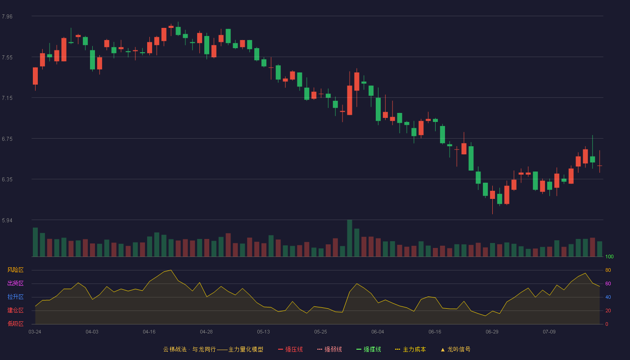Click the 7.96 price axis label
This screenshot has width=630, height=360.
pos(7,16)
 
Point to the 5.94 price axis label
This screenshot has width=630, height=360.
pos(7,220)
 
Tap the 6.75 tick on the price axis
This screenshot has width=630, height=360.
pos(7,139)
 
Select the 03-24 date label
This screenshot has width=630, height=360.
pos(35,332)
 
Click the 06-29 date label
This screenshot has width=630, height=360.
pos(492,332)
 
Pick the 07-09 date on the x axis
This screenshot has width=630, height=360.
pos(549,332)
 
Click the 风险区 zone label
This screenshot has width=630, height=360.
pos(15,270)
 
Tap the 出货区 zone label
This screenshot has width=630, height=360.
pos(15,283)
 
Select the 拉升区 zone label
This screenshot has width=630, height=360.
pos(15,297)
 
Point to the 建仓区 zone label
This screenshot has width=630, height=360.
pos(15,310)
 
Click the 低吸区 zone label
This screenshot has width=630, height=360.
pos(15,324)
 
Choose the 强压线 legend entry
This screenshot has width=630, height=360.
pos(290,349)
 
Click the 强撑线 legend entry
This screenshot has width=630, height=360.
pos(369,349)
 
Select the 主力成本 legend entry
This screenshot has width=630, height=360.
pos(410,349)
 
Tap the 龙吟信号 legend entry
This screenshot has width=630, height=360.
pos(455,349)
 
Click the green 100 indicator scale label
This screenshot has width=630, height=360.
pos(609,256)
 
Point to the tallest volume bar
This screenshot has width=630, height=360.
pos(350,238)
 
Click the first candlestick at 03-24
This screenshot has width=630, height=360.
pos(35,76)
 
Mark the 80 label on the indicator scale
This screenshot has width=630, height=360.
pos(608,270)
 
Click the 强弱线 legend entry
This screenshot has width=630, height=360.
pos(329,349)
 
